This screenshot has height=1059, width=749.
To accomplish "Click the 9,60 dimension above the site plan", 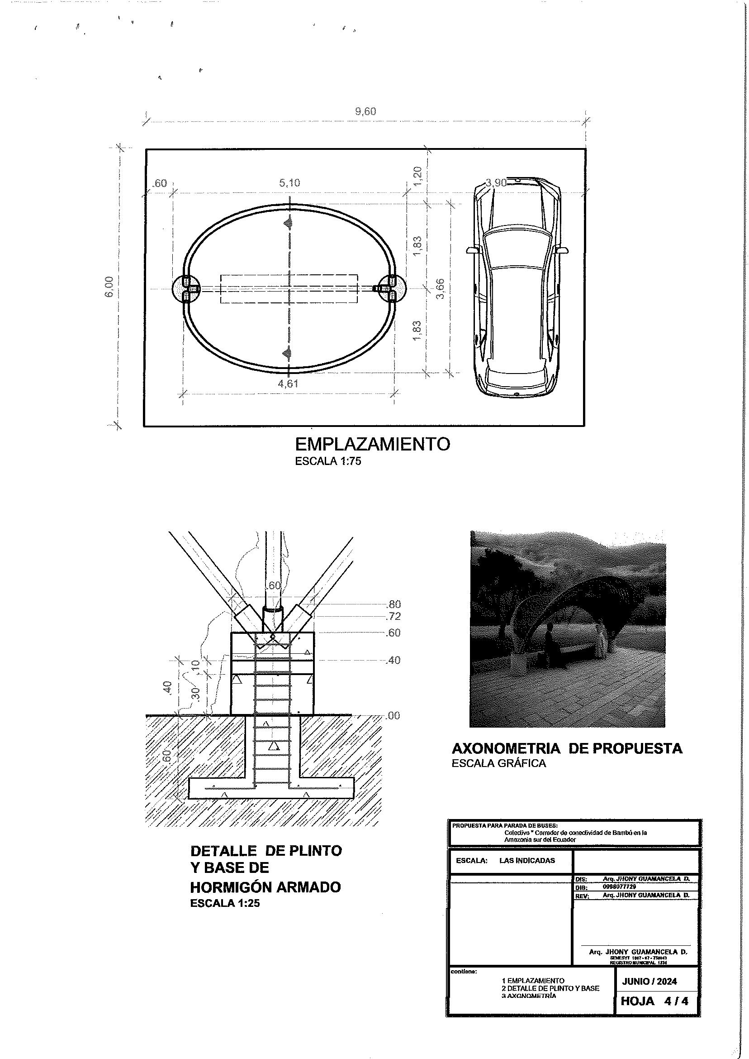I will tap(365, 111).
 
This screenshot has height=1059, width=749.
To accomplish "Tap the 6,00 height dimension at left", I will tap(110, 287).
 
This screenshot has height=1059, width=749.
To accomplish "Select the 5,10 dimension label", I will tap(289, 183).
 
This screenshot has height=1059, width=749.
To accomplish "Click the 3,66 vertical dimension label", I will tap(440, 288).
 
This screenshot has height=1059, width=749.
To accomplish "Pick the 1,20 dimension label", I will tap(417, 176).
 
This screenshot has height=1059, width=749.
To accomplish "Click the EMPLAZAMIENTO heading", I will tap(372, 444).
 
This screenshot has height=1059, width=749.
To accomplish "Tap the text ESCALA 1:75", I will tap(328, 461).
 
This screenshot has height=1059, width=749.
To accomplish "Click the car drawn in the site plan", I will tap(517, 286).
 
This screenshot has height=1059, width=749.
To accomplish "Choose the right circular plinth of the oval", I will tap(392, 288).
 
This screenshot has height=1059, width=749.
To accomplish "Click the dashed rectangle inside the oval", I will tap(289, 289).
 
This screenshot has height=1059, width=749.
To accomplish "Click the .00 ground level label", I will tap(393, 716).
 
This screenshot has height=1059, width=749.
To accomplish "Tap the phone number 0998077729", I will tap(619, 887).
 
